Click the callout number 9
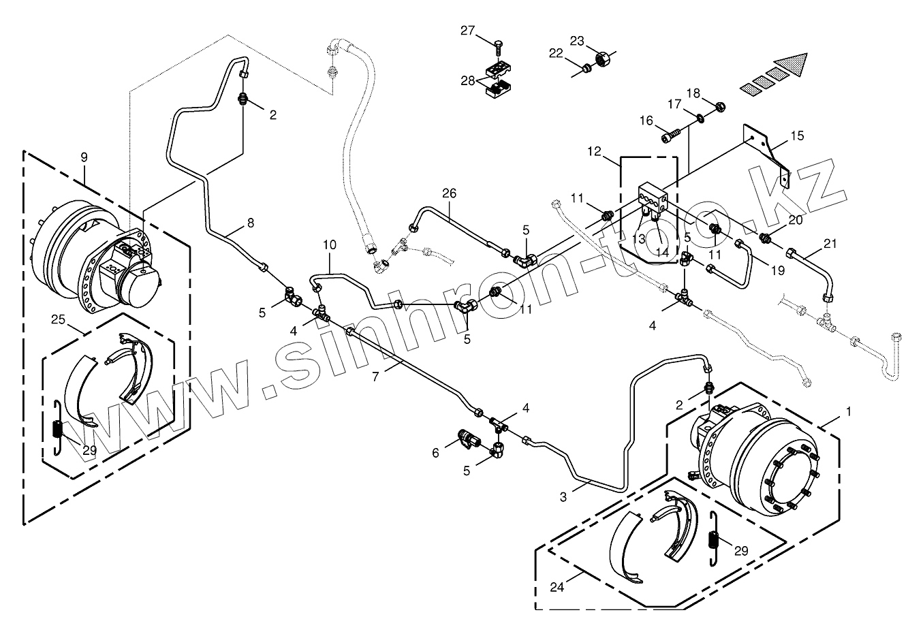pyautogui.click(x=84, y=157)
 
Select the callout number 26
pyautogui.click(x=448, y=193)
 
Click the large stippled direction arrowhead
pyautogui.click(x=792, y=66)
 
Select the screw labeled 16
pyautogui.click(x=670, y=137)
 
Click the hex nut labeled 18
pyautogui.click(x=720, y=106)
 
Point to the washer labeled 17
pyautogui.click(x=700, y=119)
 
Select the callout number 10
pyautogui.click(x=330, y=244)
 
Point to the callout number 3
pyautogui.click(x=563, y=496)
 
